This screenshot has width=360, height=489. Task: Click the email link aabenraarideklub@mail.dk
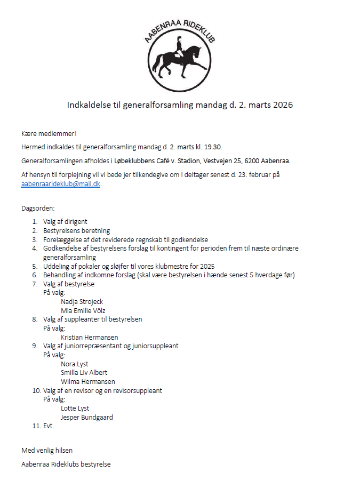pyautogui.click(x=60, y=183)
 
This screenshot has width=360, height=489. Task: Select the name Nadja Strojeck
pyautogui.click(x=82, y=302)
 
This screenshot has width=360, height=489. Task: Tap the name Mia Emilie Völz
pyautogui.click(x=83, y=310)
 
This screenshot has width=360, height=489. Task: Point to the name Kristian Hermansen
pyautogui.click(x=89, y=337)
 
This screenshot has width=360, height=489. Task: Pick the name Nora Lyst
pyautogui.click(x=74, y=364)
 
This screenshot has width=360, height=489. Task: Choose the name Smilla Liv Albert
pyautogui.click(x=84, y=373)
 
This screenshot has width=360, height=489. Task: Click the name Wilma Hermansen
pyautogui.click(x=87, y=382)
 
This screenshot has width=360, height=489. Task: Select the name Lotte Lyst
pyautogui.click(x=75, y=408)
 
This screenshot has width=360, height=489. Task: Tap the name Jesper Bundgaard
pyautogui.click(x=86, y=418)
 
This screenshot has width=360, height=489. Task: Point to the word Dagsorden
pyautogui.click(x=38, y=209)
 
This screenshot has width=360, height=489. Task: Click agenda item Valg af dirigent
pyautogui.click(x=65, y=222)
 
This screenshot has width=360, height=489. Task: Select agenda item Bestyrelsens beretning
pyautogui.click(x=76, y=231)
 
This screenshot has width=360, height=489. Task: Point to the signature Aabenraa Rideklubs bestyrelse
pyautogui.click(x=66, y=464)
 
